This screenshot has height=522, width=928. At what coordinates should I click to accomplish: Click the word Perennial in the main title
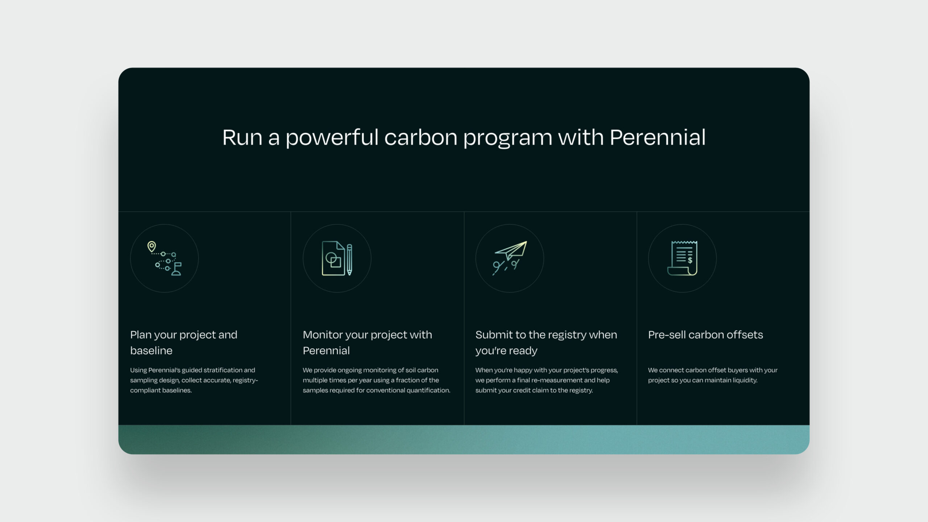coord(658,137)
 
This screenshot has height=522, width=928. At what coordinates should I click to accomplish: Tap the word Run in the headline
coord(242,137)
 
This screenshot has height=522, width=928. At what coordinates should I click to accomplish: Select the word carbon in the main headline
coord(420,137)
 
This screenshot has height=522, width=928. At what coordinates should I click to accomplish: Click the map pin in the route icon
coord(152,247)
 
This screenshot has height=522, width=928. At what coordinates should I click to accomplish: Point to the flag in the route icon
coord(177,269)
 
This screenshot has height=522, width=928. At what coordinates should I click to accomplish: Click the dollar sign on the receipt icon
coord(690,260)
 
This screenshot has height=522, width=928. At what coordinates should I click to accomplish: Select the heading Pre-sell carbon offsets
coord(705,335)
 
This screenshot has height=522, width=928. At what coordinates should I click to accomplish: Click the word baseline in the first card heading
coord(151,351)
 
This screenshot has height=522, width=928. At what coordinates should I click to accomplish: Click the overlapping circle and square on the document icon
coord(333,260)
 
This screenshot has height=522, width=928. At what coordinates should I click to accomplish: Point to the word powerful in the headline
coord(332,137)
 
